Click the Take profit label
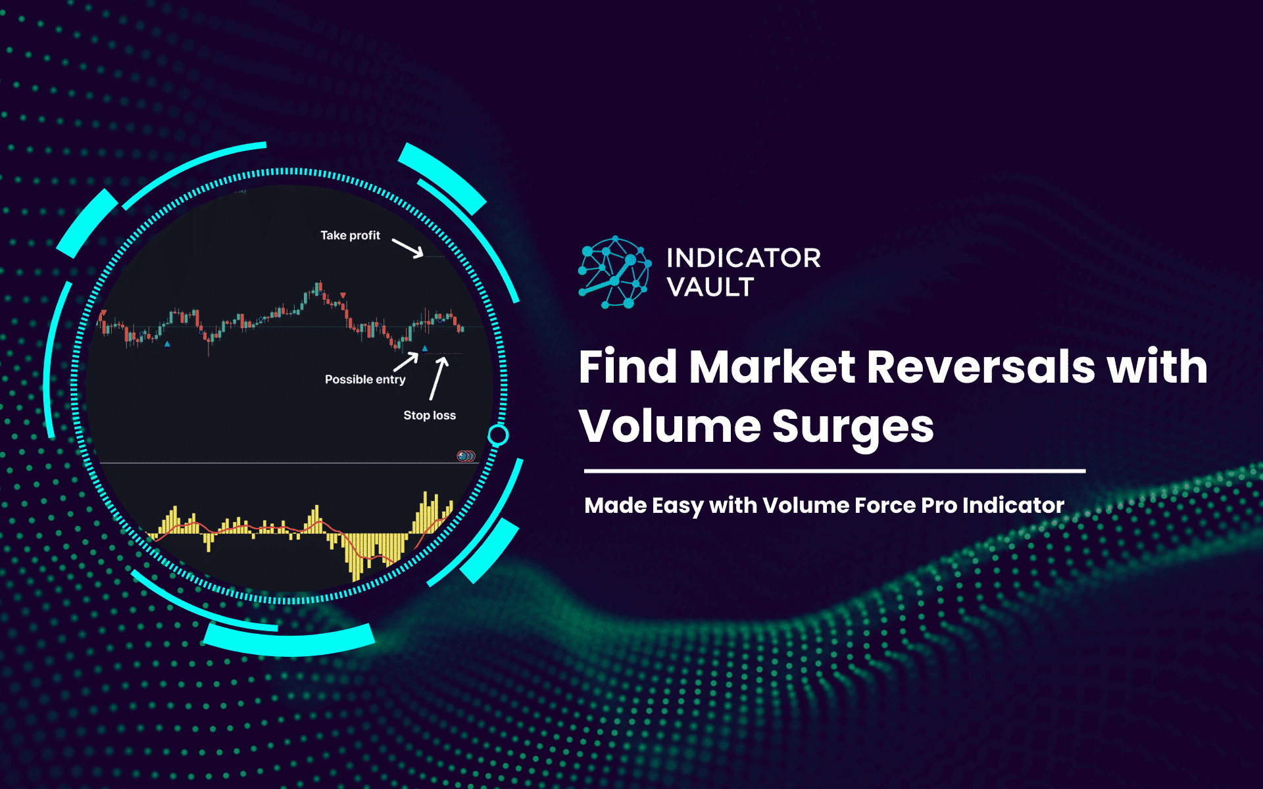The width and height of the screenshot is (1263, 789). tap(350, 235)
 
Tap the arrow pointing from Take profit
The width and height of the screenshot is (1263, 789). tap(408, 248)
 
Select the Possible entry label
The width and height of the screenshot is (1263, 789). tap(365, 379)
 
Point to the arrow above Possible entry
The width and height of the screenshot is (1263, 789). tap(406, 362)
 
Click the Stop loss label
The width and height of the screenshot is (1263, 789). tap(430, 416)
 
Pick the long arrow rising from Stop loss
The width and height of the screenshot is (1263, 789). tap(438, 378)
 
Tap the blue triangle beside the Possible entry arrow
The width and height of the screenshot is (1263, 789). tap(424, 348)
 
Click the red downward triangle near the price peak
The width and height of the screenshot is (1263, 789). tap(343, 295)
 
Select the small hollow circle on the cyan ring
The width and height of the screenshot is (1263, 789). tap(498, 435)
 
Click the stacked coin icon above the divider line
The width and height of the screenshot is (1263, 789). tap(466, 456)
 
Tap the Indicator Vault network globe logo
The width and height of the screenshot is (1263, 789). tap(614, 272)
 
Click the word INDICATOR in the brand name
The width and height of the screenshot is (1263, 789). tap(743, 258)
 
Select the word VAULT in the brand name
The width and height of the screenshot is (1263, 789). tap(710, 287)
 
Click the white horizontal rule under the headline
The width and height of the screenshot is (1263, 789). tap(834, 471)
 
